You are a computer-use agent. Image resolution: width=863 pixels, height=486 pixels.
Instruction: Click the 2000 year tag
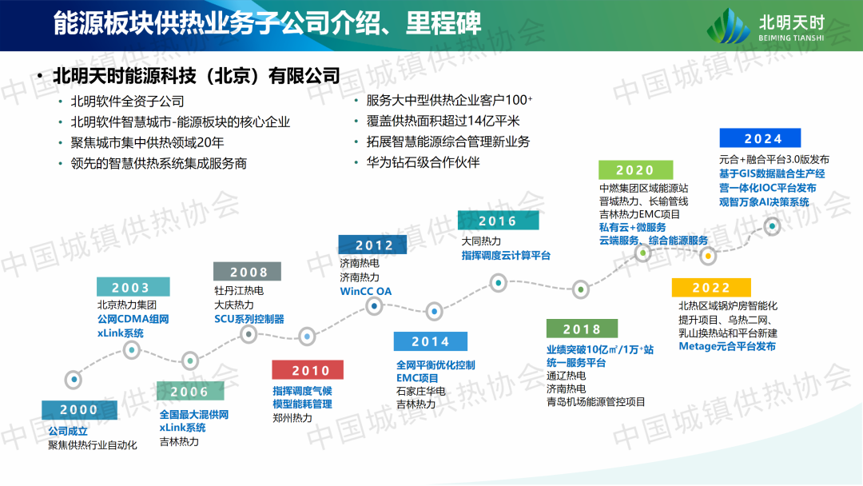(x=79, y=410)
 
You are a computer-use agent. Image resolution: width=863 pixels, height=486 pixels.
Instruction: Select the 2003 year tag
(x=133, y=287)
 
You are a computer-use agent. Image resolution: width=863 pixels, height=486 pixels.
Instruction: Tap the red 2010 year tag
(x=308, y=370)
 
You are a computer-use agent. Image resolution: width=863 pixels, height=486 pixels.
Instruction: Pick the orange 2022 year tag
(x=711, y=287)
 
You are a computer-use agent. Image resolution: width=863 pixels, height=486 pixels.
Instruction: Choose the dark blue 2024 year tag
(x=760, y=138)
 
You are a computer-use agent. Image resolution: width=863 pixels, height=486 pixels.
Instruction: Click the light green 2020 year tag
(x=636, y=170)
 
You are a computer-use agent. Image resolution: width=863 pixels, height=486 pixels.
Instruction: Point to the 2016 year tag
(x=498, y=221)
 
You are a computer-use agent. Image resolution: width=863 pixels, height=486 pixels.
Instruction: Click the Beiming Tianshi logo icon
(x=728, y=26)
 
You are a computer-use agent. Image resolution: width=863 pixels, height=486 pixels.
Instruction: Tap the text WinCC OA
(x=366, y=291)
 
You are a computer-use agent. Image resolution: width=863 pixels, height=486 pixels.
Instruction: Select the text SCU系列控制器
(x=249, y=319)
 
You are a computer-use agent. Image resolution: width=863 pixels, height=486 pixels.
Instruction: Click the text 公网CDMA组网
(x=133, y=319)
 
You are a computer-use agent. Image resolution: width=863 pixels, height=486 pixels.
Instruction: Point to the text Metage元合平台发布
(x=727, y=346)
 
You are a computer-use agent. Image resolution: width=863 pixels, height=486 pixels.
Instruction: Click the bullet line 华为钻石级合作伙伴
(x=423, y=162)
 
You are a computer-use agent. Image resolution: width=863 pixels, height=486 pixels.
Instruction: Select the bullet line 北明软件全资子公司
(x=127, y=102)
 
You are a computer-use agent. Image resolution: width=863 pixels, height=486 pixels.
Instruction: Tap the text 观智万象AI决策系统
(x=764, y=202)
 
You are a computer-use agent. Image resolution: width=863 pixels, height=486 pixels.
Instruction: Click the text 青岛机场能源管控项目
(x=595, y=402)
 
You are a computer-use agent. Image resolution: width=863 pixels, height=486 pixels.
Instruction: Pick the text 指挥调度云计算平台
(x=506, y=255)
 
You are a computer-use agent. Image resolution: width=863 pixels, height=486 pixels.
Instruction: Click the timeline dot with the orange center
(x=708, y=256)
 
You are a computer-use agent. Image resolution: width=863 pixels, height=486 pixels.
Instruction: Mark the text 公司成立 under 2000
(x=68, y=431)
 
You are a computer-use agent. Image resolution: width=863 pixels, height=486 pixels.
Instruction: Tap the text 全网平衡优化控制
(x=435, y=365)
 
